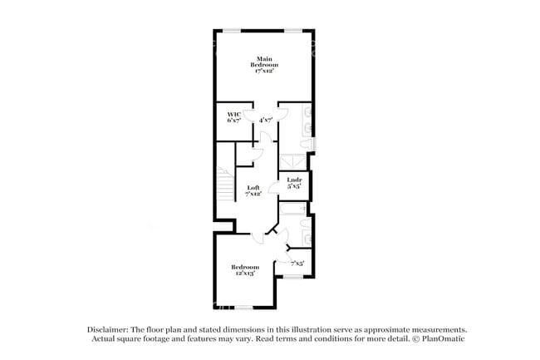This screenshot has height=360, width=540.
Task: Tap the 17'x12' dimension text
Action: click(x=265, y=72)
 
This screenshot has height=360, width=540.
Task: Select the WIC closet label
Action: click(x=233, y=114)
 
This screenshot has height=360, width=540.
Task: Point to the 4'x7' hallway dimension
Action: click(x=266, y=121)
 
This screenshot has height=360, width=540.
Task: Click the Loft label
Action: click(x=253, y=188)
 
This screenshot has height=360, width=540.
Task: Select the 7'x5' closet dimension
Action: click(x=297, y=264)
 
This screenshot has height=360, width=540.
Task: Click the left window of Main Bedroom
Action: click(x=231, y=31)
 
